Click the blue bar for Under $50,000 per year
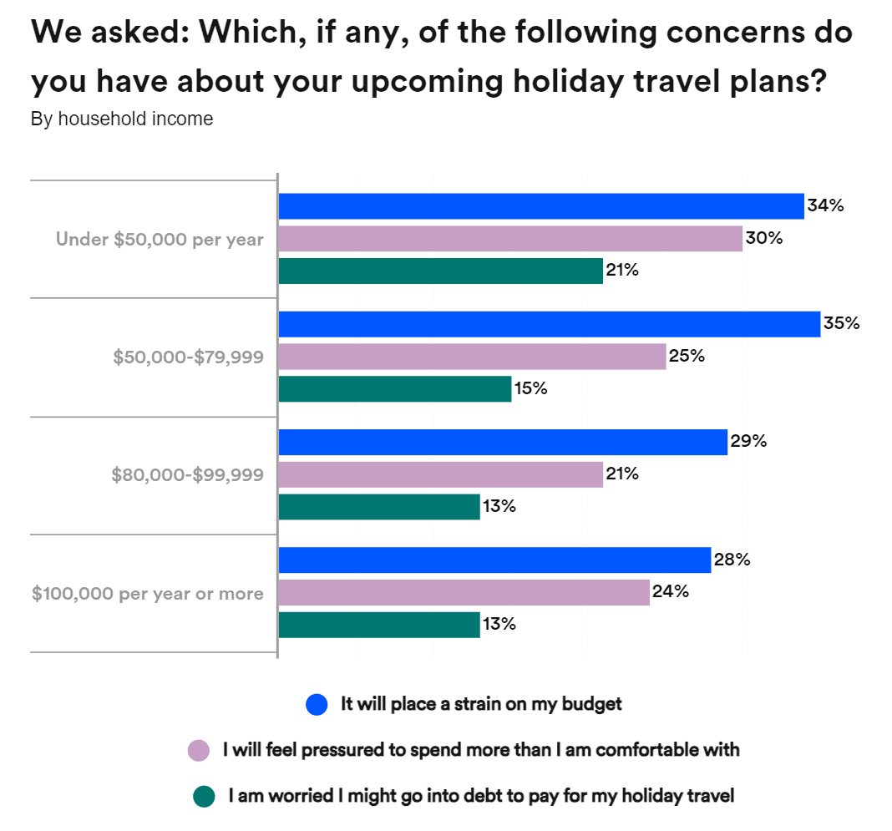(x=540, y=205)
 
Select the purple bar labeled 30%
(x=509, y=239)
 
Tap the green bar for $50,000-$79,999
(x=394, y=389)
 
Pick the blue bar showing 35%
(x=549, y=324)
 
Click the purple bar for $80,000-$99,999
(x=440, y=475)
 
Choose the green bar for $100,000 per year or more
(x=378, y=625)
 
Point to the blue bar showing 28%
(x=494, y=560)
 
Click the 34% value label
(x=825, y=205)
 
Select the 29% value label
(x=748, y=442)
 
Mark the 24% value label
(x=671, y=592)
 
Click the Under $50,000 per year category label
(x=160, y=240)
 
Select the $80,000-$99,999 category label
(x=187, y=475)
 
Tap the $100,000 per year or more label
(x=148, y=594)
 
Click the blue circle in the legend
(x=317, y=705)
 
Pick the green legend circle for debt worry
(x=204, y=797)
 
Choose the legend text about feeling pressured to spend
(x=480, y=750)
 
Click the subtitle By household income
(x=122, y=119)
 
